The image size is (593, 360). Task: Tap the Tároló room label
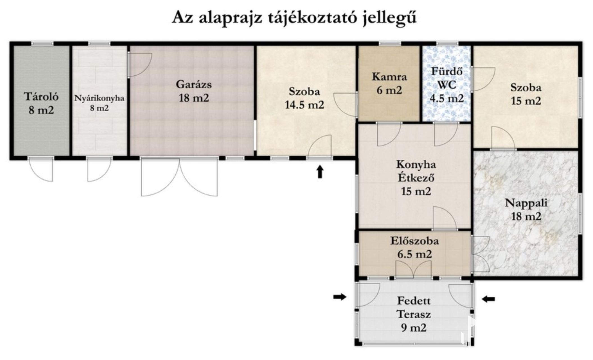(x=41, y=103)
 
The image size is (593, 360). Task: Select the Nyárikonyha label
(x=99, y=103)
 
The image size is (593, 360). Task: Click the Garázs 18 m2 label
(x=194, y=91)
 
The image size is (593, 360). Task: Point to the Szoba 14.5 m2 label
(x=305, y=98)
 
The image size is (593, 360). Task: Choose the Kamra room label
(x=389, y=83)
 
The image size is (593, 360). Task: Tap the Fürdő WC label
(x=447, y=84)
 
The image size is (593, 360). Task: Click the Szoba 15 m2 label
(x=526, y=94)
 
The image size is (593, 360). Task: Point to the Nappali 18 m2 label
(x=526, y=210)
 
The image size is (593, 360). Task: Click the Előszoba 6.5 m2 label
(x=414, y=247)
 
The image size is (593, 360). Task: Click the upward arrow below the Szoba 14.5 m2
(x=320, y=172)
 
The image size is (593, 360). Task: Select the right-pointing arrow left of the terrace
(x=340, y=297)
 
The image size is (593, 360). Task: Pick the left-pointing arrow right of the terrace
(x=488, y=299)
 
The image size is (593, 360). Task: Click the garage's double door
(x=179, y=177)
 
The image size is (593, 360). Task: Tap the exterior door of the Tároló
(x=40, y=169)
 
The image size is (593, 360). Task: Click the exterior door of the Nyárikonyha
(x=100, y=169)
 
